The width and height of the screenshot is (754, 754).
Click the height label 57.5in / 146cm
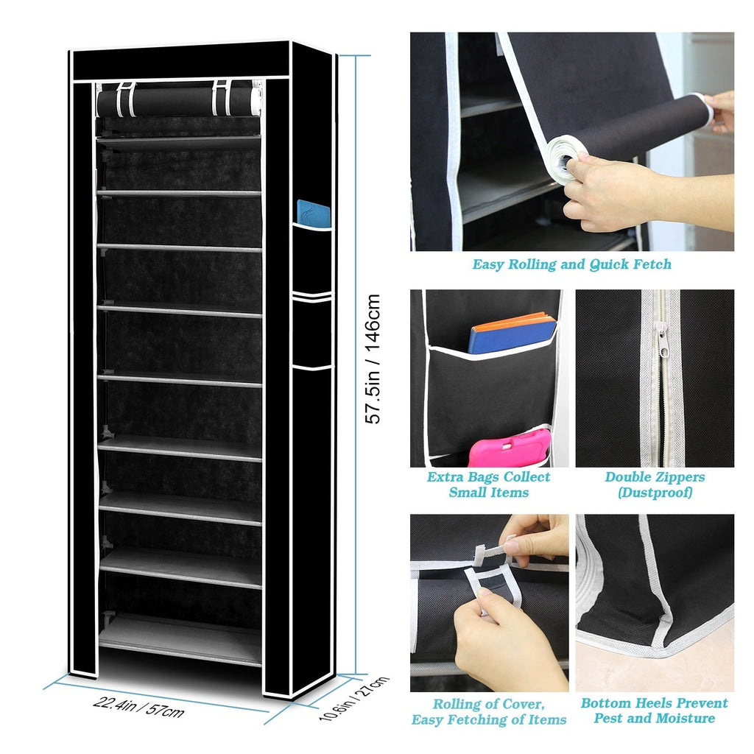[x=373, y=359]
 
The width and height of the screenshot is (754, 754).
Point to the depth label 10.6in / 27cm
[x=354, y=699]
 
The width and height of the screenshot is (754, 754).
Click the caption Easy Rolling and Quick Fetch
[x=571, y=264]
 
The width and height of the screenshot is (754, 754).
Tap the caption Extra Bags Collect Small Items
[x=489, y=485]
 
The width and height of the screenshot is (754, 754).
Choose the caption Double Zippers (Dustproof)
[x=655, y=485]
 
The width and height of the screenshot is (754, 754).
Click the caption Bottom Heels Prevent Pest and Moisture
[x=655, y=711]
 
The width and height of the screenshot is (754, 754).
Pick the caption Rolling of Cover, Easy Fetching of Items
[x=489, y=712]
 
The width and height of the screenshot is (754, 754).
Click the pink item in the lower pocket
[x=510, y=448]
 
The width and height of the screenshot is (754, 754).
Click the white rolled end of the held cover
[x=562, y=159]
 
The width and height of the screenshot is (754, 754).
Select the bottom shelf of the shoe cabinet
[x=180, y=640]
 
